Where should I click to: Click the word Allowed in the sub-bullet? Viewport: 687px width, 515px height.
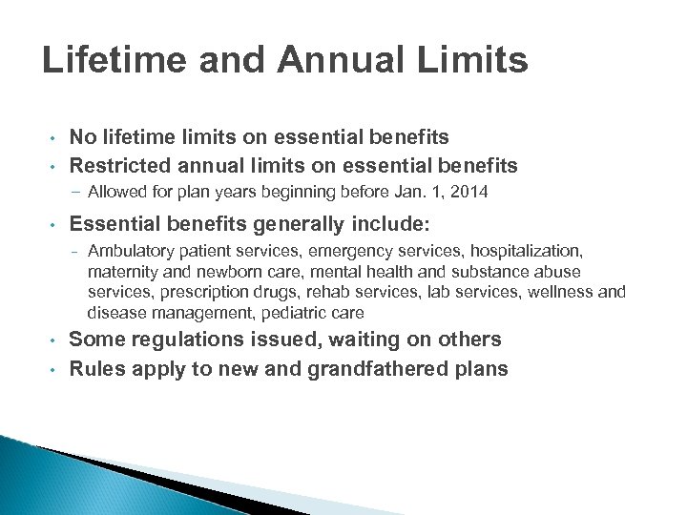[x=114, y=193]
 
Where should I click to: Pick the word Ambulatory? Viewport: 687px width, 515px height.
[x=126, y=251]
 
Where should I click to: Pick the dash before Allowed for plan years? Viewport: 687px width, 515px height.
[x=77, y=193]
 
